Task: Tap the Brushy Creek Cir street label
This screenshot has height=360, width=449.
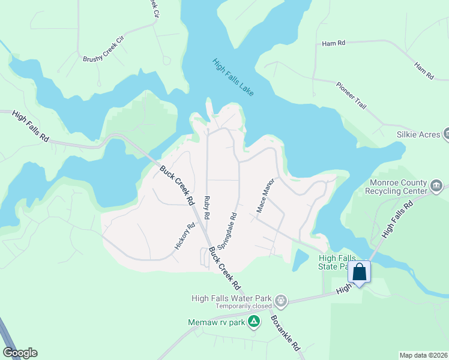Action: (x=103, y=50)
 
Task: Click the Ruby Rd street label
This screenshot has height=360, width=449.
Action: (x=208, y=206)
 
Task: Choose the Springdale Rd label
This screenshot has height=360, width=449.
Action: (x=228, y=231)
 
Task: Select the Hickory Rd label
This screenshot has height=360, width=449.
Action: (x=185, y=237)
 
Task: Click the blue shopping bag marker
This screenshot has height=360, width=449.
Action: (x=359, y=272)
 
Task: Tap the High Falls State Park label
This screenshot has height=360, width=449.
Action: (x=332, y=262)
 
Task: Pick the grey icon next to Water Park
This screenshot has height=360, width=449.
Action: (x=280, y=299)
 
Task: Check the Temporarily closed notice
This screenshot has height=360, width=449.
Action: (x=240, y=306)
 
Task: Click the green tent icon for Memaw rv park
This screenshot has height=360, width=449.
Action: (x=255, y=322)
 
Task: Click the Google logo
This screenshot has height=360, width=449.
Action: (x=20, y=353)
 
